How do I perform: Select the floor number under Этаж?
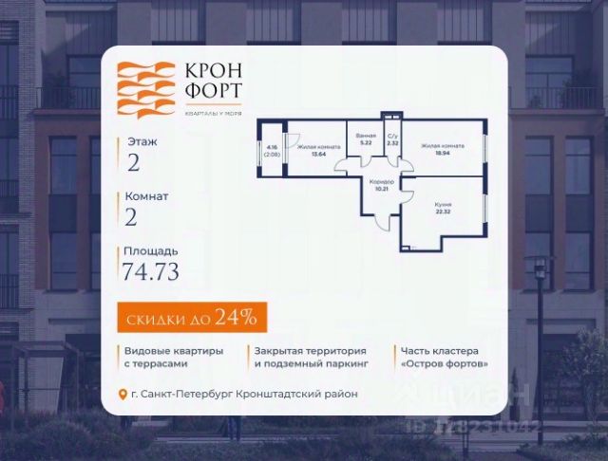tap(133, 161)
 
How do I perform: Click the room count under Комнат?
tap(133, 216)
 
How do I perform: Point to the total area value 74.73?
tap(151, 272)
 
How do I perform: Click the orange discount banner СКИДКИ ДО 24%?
tap(192, 316)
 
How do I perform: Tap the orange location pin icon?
tap(122, 394)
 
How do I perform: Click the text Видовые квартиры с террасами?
tap(173, 357)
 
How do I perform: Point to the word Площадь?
tap(145, 251)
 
